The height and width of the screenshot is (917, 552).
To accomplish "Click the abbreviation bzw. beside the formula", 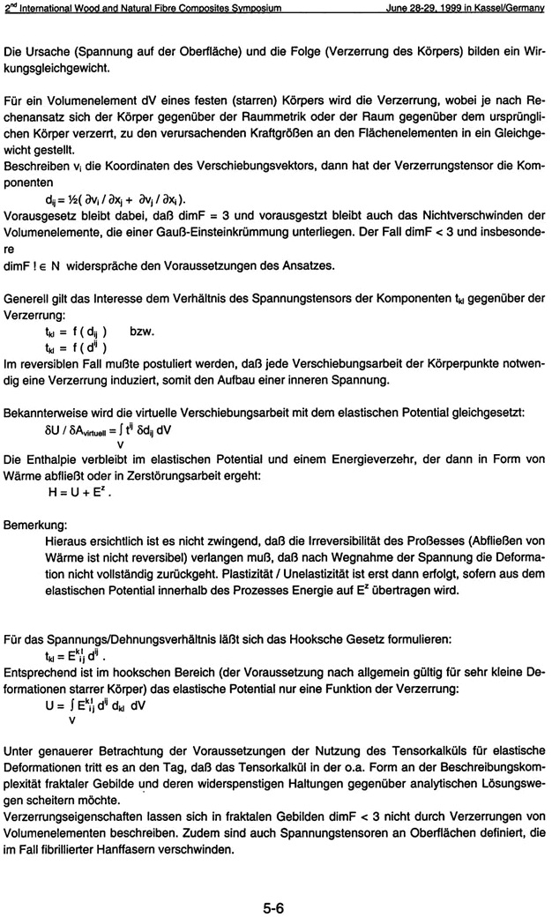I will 142,332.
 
